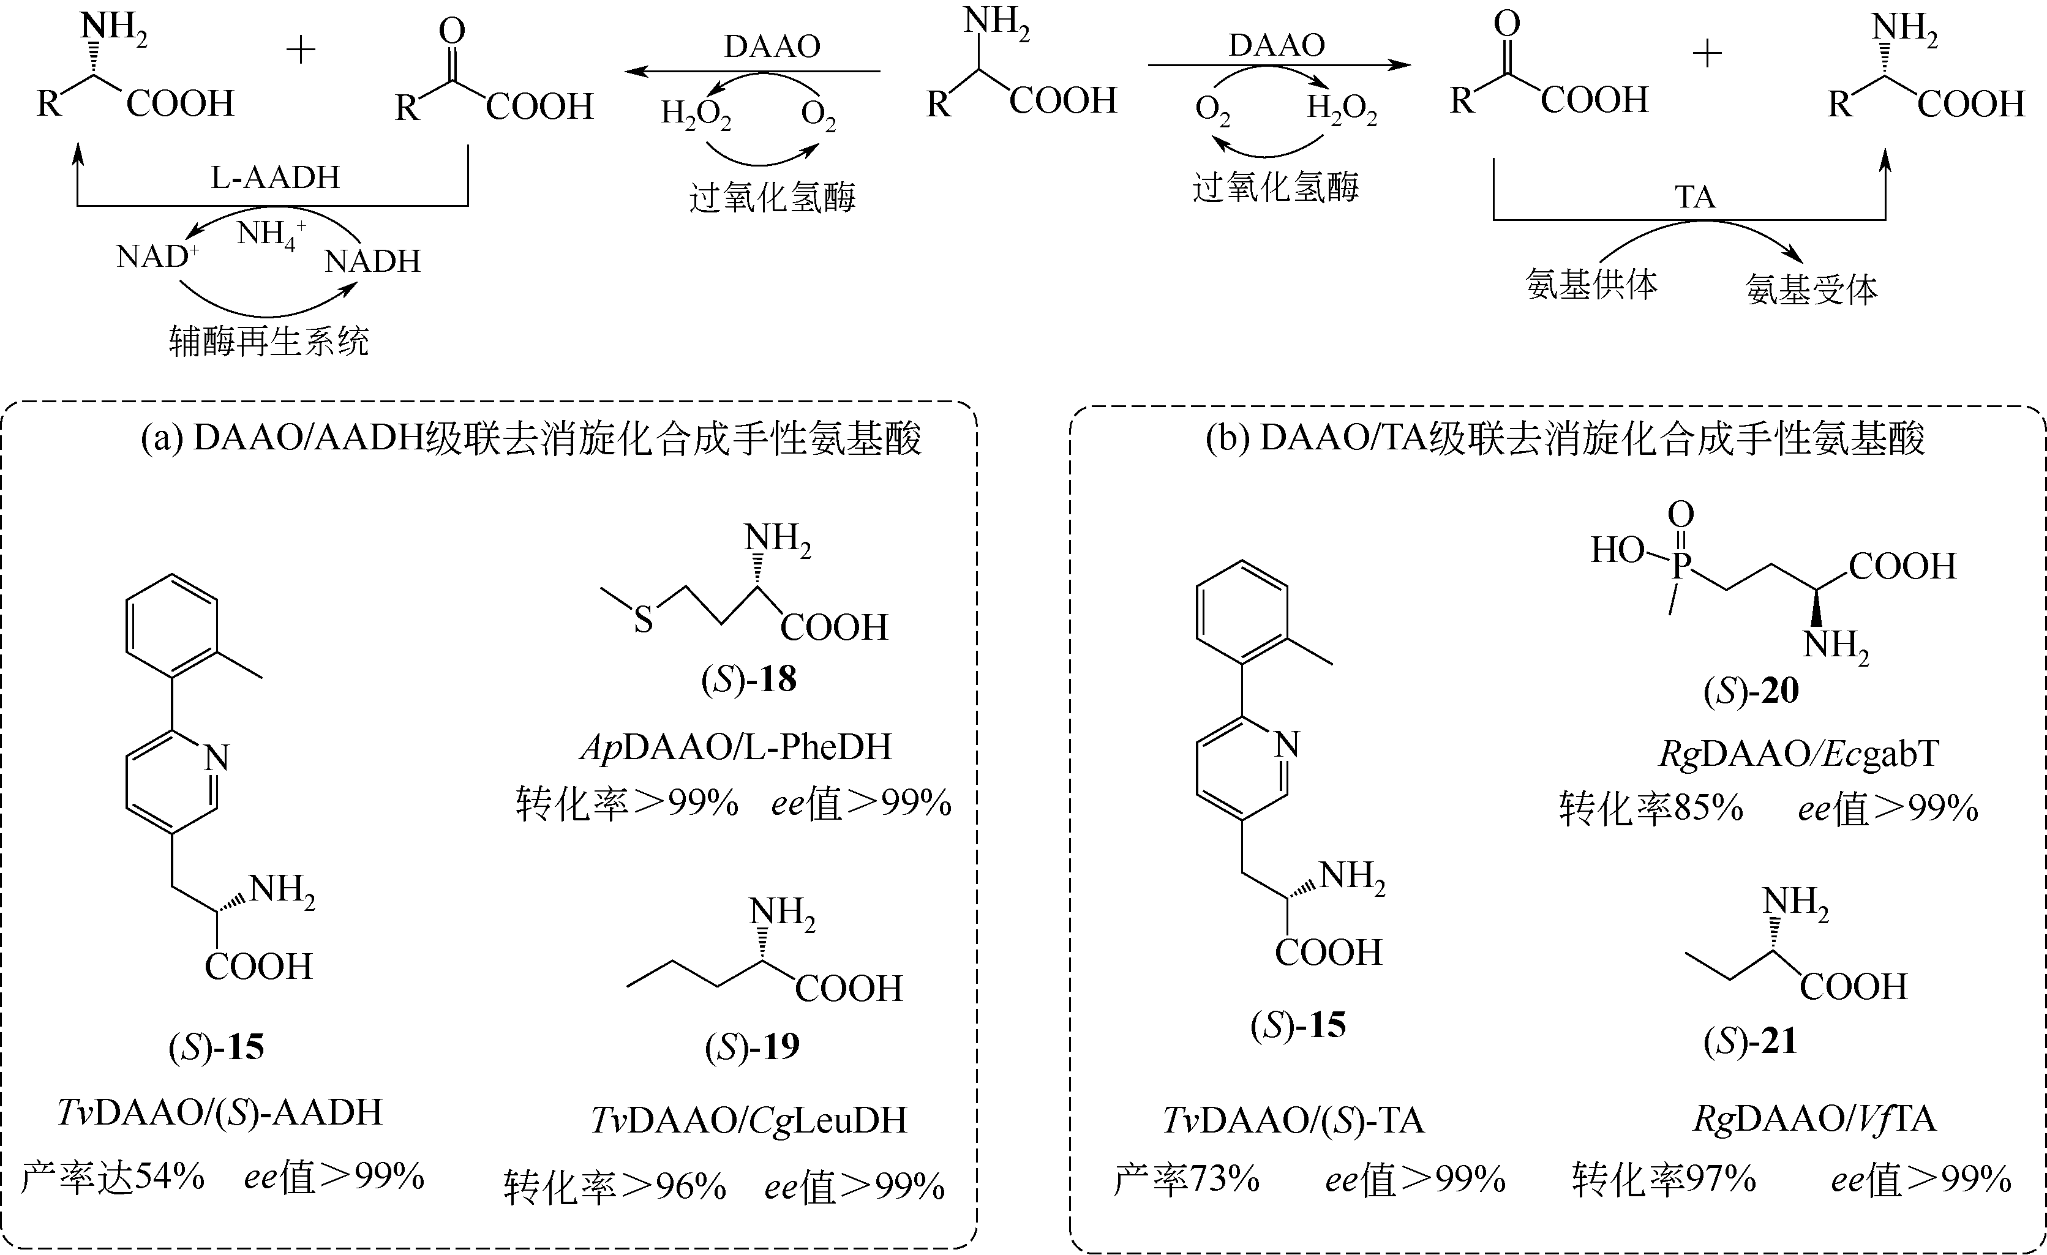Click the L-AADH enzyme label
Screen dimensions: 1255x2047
[275, 177]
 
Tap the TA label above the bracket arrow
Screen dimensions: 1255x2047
[1694, 198]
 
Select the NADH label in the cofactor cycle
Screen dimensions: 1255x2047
[372, 261]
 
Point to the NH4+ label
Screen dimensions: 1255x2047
[271, 233]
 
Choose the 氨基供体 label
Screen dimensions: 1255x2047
[1591, 285]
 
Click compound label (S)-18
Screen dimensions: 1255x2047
[748, 680]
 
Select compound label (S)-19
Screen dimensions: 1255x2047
[752, 1046]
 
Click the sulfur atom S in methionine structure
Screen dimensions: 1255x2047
[643, 620]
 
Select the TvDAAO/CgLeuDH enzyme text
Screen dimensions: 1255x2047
[748, 1120]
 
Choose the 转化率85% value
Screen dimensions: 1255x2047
[1651, 808]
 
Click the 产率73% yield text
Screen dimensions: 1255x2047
[1185, 1178]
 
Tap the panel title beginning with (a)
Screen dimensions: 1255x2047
[531, 438]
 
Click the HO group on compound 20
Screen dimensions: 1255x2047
[1617, 550]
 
